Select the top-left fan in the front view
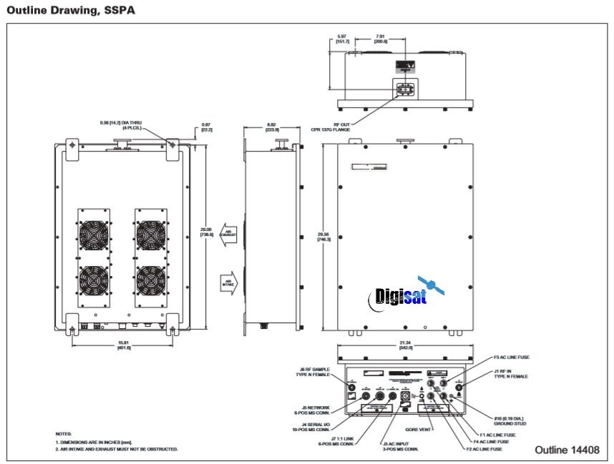point(94,235)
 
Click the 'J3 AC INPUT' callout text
point(400,445)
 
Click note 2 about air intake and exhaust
point(117,449)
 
